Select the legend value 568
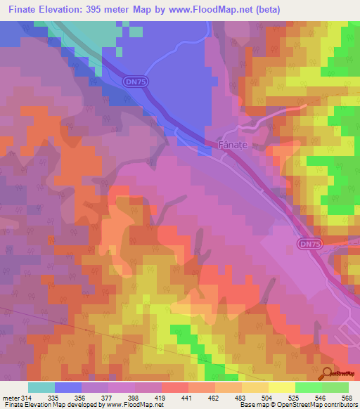click(346, 397)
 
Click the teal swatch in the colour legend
click(41, 387)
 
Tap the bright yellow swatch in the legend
click(281, 387)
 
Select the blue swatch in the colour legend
click(68, 387)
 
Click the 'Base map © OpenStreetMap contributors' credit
click(297, 405)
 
